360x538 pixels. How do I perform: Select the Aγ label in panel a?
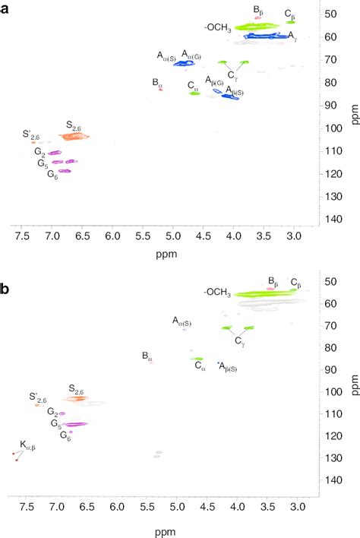point(292,35)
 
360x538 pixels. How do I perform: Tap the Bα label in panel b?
point(147,356)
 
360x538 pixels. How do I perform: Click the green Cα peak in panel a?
point(194,93)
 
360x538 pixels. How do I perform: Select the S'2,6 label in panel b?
point(38,397)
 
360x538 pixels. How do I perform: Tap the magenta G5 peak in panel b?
point(74,424)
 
